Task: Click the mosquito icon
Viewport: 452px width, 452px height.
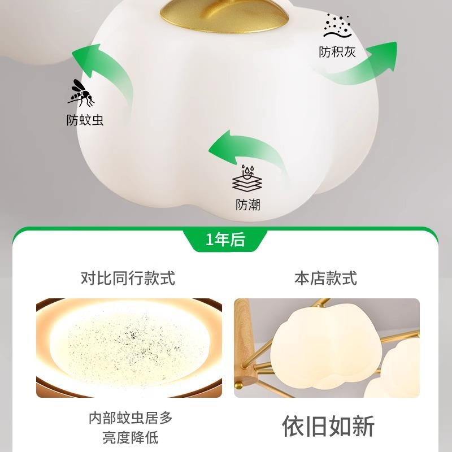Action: pyautogui.click(x=81, y=93)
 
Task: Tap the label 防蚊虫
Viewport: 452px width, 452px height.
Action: pyautogui.click(x=85, y=120)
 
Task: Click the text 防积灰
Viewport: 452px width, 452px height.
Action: pyautogui.click(x=337, y=53)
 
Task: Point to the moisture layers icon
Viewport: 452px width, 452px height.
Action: pyautogui.click(x=247, y=179)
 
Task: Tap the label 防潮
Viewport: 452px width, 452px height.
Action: pyautogui.click(x=248, y=205)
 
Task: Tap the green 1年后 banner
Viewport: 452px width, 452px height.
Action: pyautogui.click(x=225, y=240)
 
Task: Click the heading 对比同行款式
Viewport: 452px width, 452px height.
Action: pyautogui.click(x=128, y=278)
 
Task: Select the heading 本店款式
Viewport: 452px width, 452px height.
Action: pyautogui.click(x=325, y=278)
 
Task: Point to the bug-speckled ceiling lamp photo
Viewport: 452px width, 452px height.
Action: pyautogui.click(x=129, y=347)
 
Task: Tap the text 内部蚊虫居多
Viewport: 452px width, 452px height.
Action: pyautogui.click(x=130, y=418)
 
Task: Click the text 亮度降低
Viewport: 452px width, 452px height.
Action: pyautogui.click(x=130, y=437)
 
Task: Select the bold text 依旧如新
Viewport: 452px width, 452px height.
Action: pyautogui.click(x=328, y=427)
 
